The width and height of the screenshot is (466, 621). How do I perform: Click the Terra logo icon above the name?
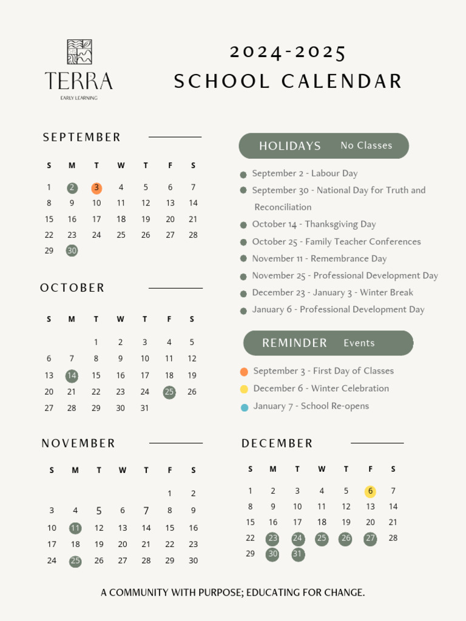click(79, 52)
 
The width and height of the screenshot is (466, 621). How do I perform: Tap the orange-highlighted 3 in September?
click(96, 188)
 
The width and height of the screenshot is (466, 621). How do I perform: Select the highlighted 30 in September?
click(72, 250)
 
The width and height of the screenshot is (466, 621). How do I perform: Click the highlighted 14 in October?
click(72, 376)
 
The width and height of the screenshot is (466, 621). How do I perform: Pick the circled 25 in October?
click(169, 392)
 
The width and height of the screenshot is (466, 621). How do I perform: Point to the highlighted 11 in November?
click(75, 528)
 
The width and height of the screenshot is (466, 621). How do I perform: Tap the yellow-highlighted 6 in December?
click(370, 491)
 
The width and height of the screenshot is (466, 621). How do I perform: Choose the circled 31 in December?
click(297, 554)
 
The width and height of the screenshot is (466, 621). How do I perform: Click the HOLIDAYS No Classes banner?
click(324, 146)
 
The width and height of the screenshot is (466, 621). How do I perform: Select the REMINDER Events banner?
click(328, 343)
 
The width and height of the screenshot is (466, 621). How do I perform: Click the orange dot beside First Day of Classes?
click(244, 372)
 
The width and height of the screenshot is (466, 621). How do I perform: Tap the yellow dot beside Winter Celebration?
click(244, 389)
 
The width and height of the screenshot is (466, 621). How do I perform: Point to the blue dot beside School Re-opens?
click(244, 407)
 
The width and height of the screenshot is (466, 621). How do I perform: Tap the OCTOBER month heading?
click(73, 288)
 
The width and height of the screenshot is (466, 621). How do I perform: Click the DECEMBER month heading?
click(277, 444)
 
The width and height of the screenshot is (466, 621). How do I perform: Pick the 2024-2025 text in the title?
click(288, 53)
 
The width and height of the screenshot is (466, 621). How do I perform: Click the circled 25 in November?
click(75, 561)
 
